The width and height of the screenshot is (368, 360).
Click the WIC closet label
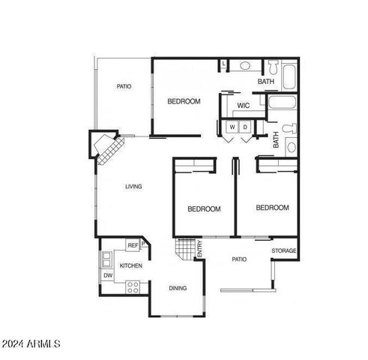point(243,106)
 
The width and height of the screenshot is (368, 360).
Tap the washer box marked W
point(232,127)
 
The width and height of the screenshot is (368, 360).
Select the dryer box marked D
point(244,127)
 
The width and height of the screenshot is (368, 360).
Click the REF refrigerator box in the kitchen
point(132,245)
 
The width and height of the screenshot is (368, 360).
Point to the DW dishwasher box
point(107,275)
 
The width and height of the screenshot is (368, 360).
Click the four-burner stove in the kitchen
point(133,285)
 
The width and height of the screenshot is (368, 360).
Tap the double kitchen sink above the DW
point(106,259)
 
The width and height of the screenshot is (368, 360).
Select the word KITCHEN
point(131,266)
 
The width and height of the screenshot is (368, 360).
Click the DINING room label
point(178,288)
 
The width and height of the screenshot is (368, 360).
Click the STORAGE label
point(283,250)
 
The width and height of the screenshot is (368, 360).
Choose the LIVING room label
point(133,187)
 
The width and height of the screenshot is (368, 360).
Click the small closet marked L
point(223,64)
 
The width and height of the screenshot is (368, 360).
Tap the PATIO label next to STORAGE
point(238,259)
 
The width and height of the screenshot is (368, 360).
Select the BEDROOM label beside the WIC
point(184,101)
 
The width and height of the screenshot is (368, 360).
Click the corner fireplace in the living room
point(105,147)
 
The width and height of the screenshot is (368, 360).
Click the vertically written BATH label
point(276,139)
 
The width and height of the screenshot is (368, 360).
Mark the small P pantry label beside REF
point(143,243)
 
